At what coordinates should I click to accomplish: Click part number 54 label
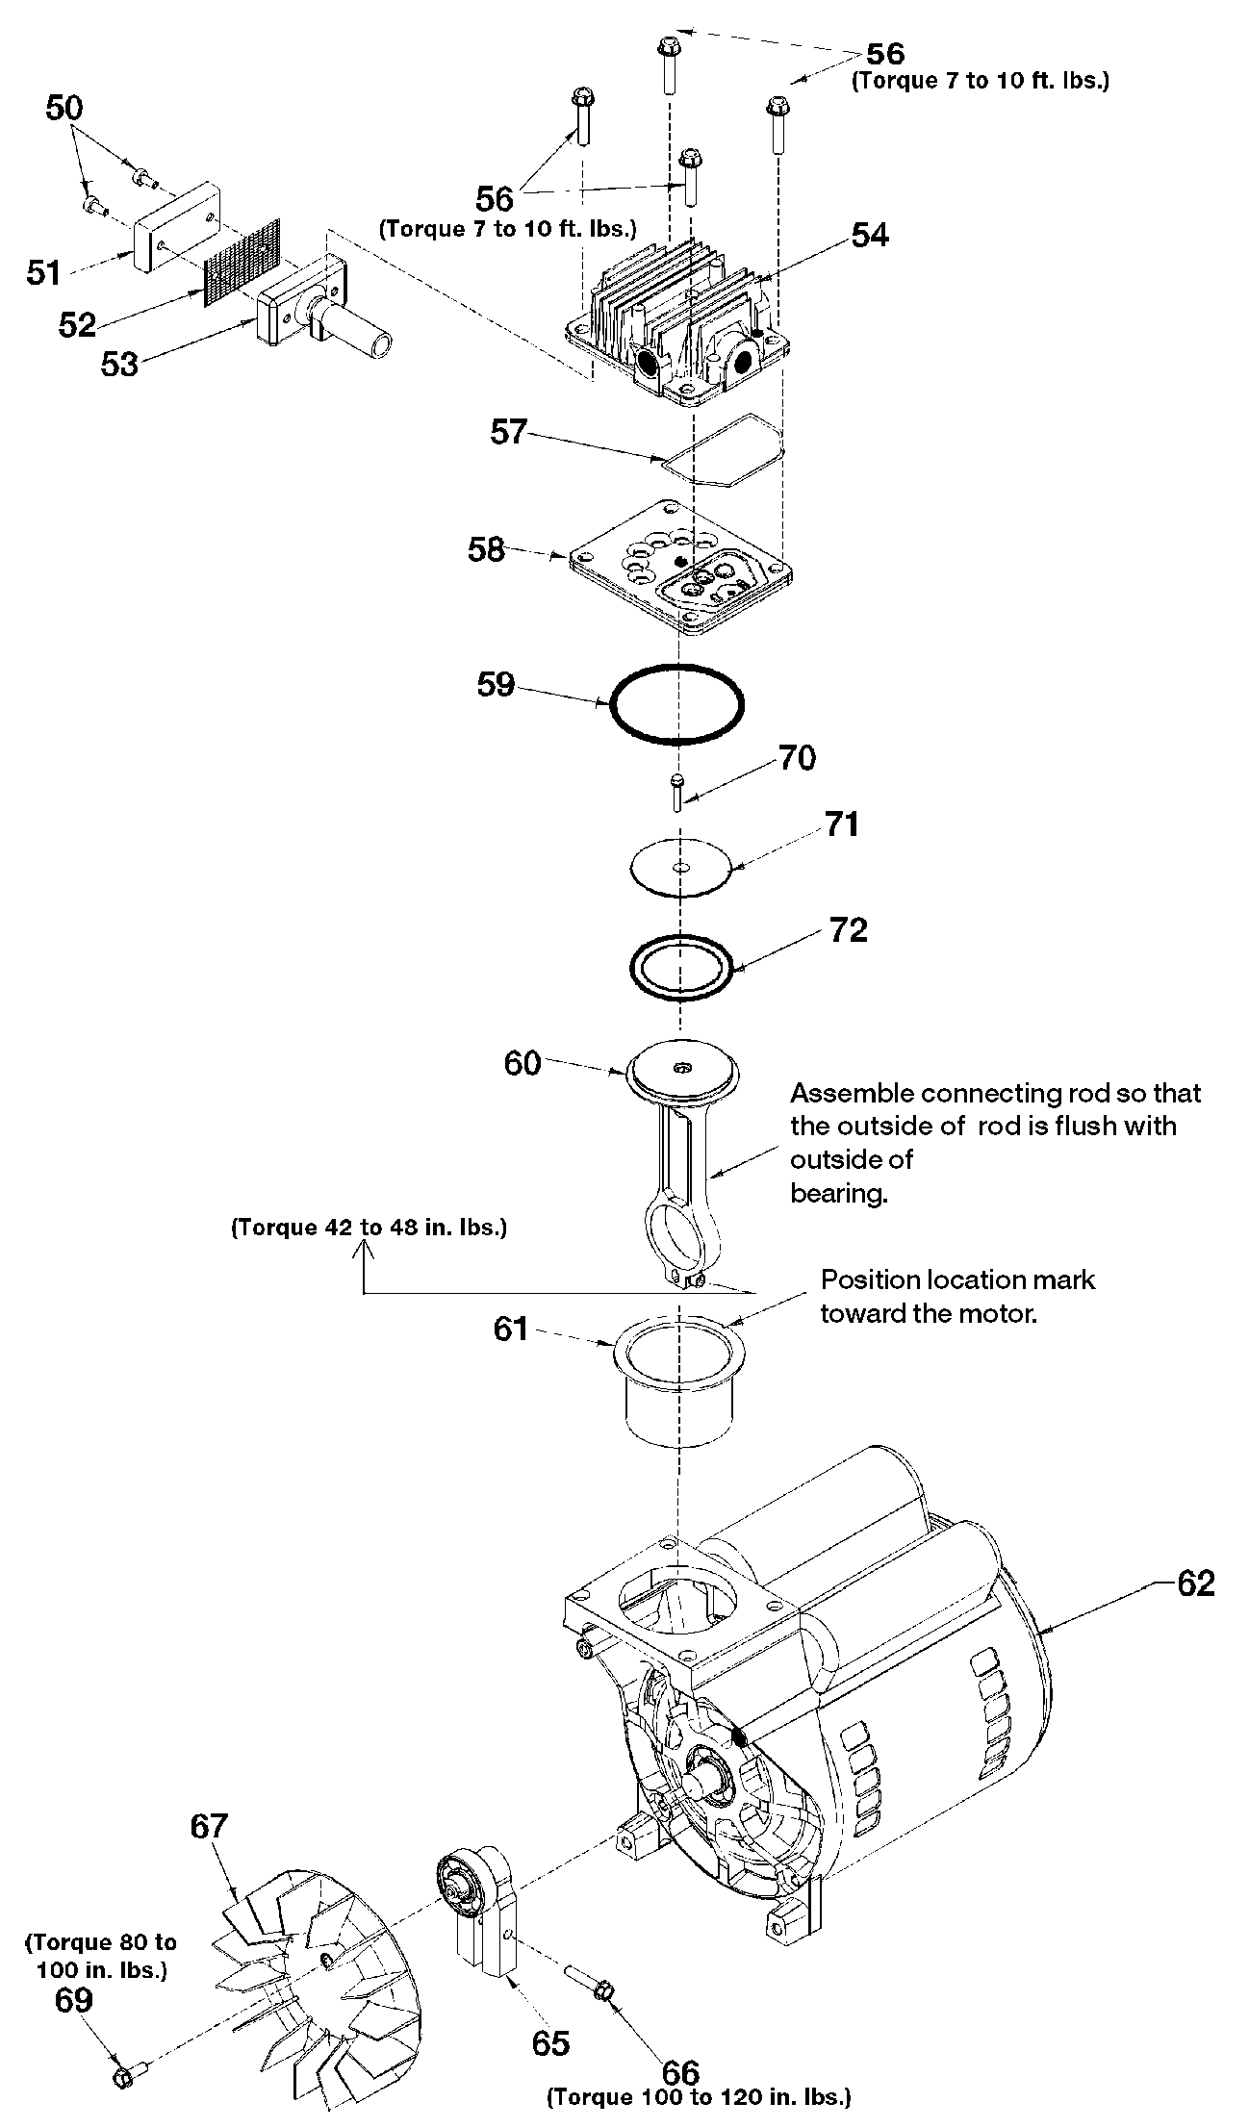(870, 235)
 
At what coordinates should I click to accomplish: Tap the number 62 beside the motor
(1196, 1583)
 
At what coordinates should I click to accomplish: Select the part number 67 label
(209, 1825)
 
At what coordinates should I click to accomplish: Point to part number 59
(497, 685)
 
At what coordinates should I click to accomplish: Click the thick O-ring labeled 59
(676, 704)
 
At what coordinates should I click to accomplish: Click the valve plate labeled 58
(680, 566)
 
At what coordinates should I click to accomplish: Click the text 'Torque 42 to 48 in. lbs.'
(370, 1229)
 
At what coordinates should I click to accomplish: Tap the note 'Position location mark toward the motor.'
(957, 1296)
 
